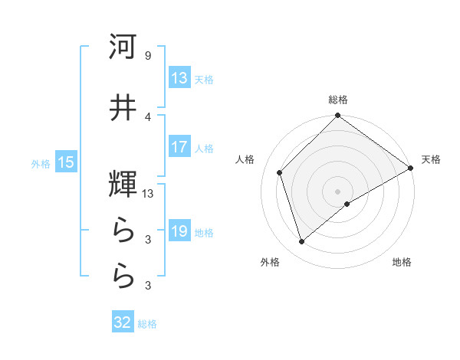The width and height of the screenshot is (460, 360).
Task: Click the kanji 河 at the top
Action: [123, 47]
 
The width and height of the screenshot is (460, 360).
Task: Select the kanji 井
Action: [123, 108]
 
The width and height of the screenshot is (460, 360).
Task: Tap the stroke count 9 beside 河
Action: [147, 55]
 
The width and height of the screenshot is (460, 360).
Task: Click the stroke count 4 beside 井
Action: [147, 116]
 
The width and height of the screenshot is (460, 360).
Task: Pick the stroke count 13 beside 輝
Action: [148, 194]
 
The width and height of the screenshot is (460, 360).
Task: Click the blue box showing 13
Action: [179, 78]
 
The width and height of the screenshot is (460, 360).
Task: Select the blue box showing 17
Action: [179, 147]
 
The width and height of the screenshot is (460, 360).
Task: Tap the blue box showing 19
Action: [179, 231]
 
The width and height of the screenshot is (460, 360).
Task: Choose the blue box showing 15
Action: [65, 162]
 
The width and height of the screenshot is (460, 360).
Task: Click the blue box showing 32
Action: [123, 322]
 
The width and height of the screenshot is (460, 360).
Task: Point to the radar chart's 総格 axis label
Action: [338, 100]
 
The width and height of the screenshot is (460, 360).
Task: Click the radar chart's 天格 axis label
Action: [431, 159]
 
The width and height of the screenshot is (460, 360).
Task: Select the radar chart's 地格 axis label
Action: [402, 262]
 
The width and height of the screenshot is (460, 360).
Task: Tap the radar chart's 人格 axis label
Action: [245, 159]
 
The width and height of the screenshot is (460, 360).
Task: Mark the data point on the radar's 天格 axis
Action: [411, 169]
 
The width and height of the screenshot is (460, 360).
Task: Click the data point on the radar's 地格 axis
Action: [347, 204]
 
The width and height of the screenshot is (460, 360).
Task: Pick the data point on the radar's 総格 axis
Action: [337, 116]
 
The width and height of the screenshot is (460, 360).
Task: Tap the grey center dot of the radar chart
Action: [337, 191]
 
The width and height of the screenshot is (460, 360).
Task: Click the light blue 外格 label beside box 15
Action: [41, 163]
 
